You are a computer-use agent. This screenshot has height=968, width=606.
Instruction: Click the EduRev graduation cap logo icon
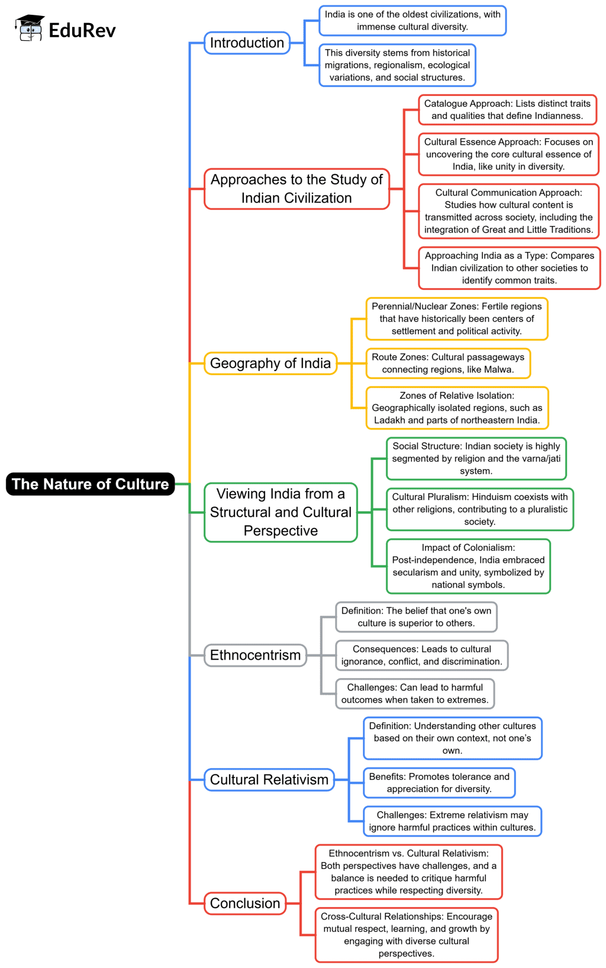[30, 28]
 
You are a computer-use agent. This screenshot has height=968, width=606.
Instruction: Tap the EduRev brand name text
[82, 30]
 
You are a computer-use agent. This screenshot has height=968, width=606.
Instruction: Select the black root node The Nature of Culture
[91, 484]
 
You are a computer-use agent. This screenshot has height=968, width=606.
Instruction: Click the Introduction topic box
[247, 43]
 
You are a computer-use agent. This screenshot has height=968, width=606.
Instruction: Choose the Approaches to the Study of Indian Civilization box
[296, 189]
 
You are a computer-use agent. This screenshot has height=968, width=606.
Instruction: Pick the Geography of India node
[270, 363]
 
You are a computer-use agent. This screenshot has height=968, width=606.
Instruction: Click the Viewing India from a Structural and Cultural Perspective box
[281, 512]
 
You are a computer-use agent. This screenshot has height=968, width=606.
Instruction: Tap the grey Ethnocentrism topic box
[255, 655]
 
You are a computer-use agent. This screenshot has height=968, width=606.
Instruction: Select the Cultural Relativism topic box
[269, 779]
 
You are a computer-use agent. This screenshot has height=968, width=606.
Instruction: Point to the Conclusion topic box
[245, 904]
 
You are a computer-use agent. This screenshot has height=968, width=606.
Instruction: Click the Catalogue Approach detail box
[507, 109]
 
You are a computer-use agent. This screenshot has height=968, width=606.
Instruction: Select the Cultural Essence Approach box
[508, 154]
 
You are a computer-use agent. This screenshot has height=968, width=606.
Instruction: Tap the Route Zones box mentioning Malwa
[447, 363]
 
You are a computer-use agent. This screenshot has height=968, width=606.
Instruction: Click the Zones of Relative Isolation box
[457, 408]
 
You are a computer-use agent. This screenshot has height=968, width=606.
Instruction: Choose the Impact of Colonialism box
[468, 566]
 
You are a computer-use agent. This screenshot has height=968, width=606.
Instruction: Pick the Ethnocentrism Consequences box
[421, 656]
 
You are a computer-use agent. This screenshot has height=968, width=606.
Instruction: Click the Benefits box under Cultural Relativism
[439, 783]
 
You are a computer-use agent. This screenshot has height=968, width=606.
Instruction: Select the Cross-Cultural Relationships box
[406, 935]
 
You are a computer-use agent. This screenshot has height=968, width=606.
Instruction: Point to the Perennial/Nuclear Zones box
[456, 319]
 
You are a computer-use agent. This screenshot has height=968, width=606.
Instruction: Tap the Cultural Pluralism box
[479, 509]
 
